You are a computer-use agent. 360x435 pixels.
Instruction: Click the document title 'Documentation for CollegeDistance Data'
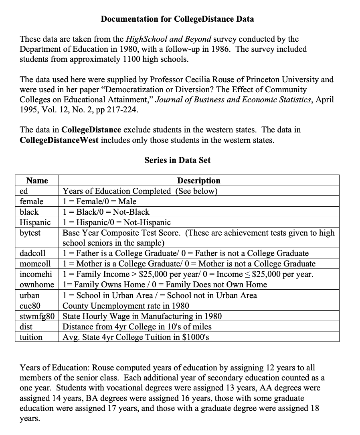[177, 19]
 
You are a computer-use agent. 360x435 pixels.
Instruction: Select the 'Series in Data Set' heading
[177, 160]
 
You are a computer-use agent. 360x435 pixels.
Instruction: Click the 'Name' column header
[37, 181]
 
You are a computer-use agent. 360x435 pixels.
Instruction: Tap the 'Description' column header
[198, 181]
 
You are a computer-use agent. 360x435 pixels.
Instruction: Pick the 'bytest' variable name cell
[30, 233]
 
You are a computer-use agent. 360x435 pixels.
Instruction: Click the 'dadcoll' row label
[32, 253]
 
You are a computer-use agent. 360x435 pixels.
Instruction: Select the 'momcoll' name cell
[35, 264]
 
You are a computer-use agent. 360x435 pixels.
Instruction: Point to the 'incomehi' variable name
[36, 274]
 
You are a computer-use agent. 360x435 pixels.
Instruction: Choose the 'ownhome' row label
[36, 285]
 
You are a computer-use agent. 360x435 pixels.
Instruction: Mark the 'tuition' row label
[31, 337]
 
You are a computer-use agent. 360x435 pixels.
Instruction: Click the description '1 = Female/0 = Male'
[99, 201]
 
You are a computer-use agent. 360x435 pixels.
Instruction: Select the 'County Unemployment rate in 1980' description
[126, 305]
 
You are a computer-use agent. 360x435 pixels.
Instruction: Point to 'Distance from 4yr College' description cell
[137, 326]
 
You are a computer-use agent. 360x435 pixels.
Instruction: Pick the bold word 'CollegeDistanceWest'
[59, 140]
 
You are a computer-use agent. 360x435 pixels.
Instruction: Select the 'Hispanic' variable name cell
[35, 222]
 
